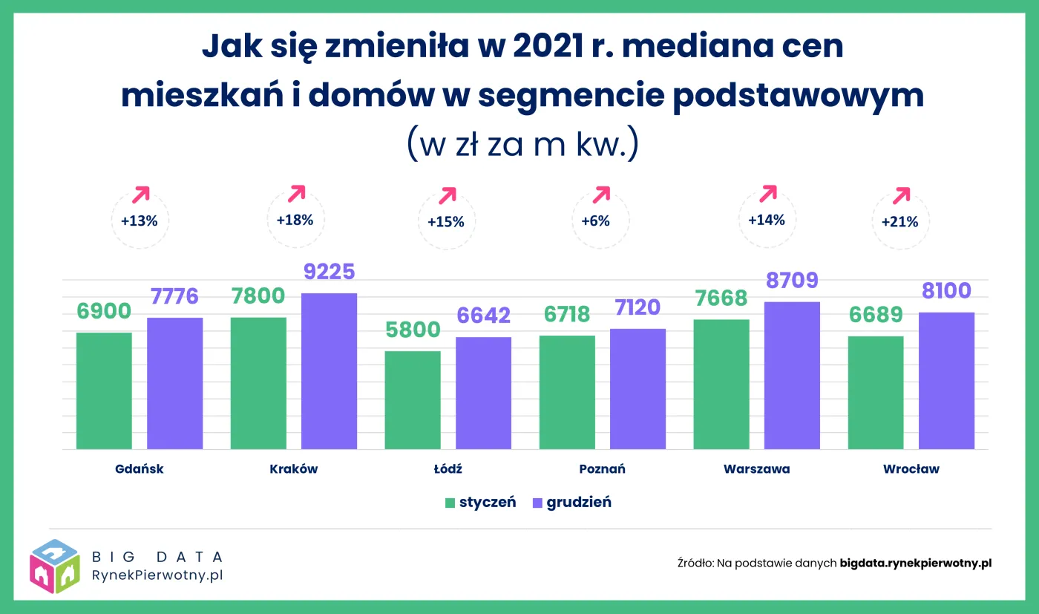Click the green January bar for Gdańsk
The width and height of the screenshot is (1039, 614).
pos(104,391)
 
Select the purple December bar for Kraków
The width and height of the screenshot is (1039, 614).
pos(329,371)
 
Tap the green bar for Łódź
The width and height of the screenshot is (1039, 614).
pos(413,400)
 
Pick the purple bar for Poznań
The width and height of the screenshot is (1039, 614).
pos(638,389)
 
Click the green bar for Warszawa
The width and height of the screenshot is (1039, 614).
pos(721,385)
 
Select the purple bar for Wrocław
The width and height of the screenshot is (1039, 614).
pos(946,381)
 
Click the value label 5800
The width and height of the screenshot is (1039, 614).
pos(413,330)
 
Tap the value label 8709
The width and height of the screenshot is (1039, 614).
pos(792,281)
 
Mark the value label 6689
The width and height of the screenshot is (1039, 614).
pos(875,315)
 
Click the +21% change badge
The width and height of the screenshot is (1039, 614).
pos(900,221)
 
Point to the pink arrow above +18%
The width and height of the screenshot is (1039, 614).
pos(297,193)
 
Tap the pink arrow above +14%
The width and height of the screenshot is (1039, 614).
pos(768,193)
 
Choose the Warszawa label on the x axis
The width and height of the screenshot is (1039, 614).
pos(756,469)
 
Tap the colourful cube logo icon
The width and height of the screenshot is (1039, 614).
pos(55,566)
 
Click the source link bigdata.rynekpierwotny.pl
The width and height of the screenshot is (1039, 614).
pos(916,563)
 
